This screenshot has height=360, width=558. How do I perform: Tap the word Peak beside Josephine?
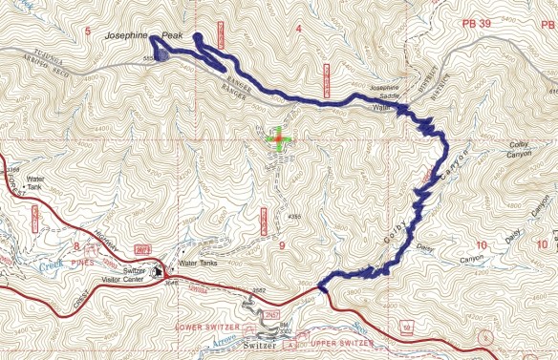171,35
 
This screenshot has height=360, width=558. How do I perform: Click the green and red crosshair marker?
277,140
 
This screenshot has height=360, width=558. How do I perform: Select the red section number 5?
88,32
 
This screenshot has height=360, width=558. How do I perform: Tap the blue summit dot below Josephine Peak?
161,56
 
